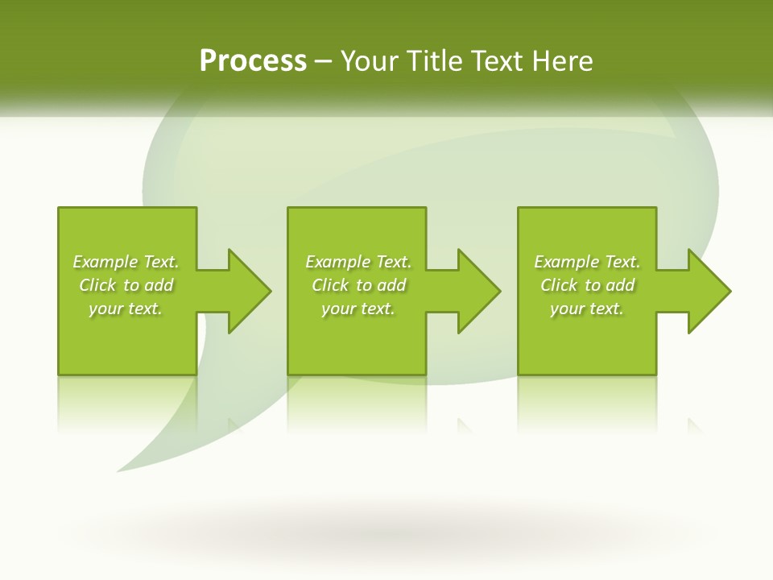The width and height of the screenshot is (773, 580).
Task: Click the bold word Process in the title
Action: [253, 61]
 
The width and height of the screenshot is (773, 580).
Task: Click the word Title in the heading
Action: [436, 61]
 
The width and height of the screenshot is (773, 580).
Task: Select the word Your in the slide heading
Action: [370, 61]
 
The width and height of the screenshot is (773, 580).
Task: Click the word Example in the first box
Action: [105, 262]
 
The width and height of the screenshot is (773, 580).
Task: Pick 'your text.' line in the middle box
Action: [358, 309]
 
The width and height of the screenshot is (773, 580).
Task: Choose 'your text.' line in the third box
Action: [586, 309]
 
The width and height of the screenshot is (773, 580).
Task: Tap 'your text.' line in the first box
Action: [125, 309]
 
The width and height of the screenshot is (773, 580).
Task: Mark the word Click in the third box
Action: [559, 285]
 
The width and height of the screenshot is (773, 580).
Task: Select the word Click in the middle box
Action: [330, 285]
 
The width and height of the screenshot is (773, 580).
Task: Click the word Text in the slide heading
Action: [496, 61]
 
